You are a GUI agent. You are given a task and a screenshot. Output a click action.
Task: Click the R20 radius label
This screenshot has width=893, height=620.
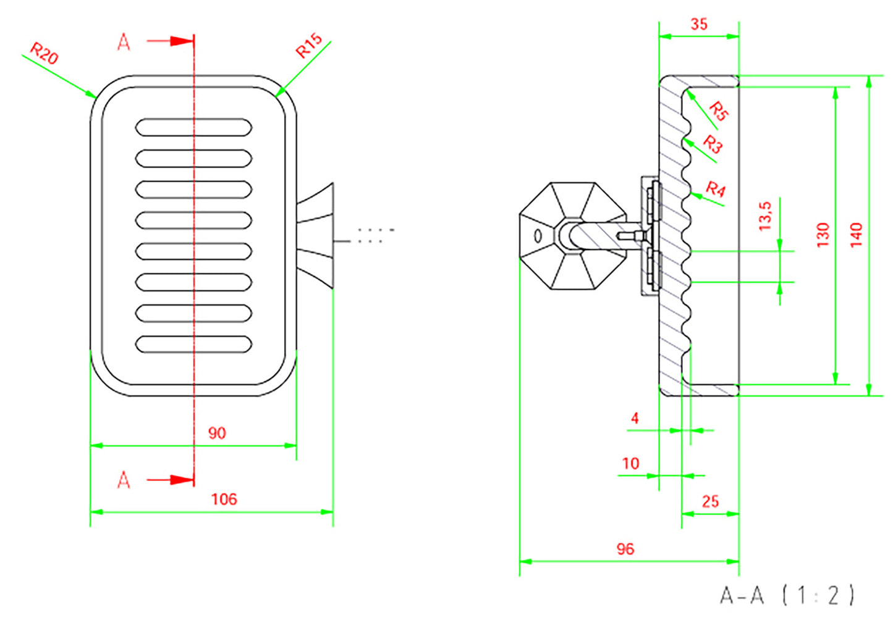coord(44,53)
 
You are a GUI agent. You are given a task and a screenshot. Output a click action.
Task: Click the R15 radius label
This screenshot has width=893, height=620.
coord(308,45)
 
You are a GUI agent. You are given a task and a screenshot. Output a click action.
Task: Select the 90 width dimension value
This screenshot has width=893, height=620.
coord(217,433)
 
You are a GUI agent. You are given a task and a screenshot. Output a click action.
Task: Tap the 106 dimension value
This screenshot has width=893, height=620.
coord(224,499)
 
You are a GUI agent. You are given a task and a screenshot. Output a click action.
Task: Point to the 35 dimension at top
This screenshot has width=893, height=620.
coord(699,24)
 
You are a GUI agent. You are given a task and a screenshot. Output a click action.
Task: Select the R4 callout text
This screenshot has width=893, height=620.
coord(716,189)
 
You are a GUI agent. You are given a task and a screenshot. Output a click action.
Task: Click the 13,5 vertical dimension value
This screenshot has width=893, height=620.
coord(765,216)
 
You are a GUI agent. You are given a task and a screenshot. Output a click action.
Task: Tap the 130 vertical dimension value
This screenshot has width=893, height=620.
coord(823,235)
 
